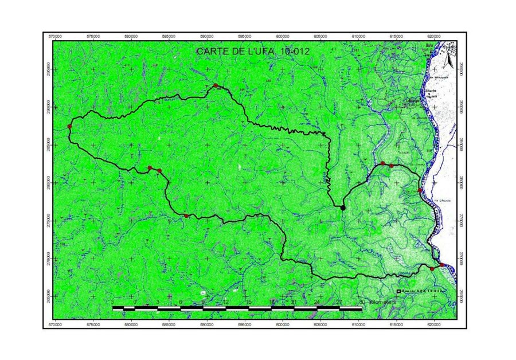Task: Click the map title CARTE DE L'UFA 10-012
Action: [x=253, y=51]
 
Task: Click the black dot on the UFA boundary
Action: [x=343, y=208]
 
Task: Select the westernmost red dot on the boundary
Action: [x=69, y=126]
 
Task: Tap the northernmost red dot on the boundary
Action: [x=216, y=86]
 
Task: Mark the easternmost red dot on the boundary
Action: [x=441, y=264]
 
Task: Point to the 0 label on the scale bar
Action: [x=135, y=302]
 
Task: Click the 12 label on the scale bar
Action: [x=226, y=302]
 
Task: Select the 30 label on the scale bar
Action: [x=362, y=302]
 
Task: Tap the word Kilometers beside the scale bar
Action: [x=382, y=302]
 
